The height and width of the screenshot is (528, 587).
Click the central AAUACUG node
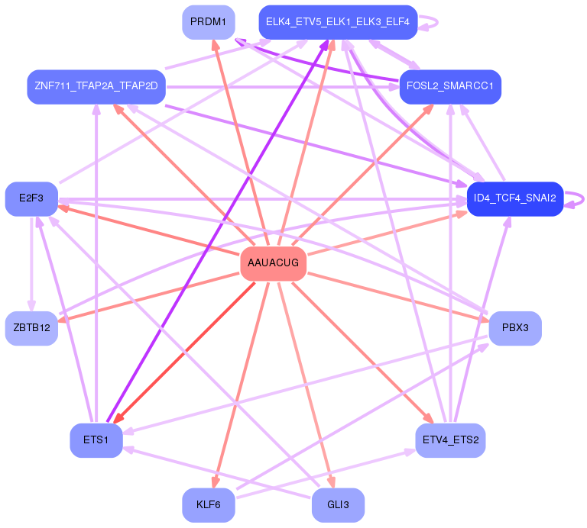[274, 263]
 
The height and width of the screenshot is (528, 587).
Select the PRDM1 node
[209, 22]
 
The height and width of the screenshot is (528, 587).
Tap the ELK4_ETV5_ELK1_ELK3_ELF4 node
[338, 22]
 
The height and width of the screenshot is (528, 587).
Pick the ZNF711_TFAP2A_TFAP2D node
[96, 87]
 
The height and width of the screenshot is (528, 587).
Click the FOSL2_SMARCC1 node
[450, 87]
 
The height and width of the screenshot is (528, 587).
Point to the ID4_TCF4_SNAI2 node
[515, 199]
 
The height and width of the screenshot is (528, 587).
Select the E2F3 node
[31, 199]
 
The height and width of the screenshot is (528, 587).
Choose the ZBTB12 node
[31, 328]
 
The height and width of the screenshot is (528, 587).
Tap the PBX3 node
[515, 328]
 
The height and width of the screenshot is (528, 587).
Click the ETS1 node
[96, 440]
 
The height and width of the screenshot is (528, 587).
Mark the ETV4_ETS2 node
[450, 440]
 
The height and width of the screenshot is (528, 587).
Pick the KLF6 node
[209, 505]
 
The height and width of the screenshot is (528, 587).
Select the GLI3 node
[338, 505]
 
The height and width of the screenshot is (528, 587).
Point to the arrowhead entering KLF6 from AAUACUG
[216, 482]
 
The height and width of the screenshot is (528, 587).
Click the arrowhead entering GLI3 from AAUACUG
[331, 482]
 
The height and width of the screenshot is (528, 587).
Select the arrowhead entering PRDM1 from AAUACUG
[216, 45]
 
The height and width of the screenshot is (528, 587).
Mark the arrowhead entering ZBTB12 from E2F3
[31, 305]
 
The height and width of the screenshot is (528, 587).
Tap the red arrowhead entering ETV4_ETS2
[429, 419]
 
